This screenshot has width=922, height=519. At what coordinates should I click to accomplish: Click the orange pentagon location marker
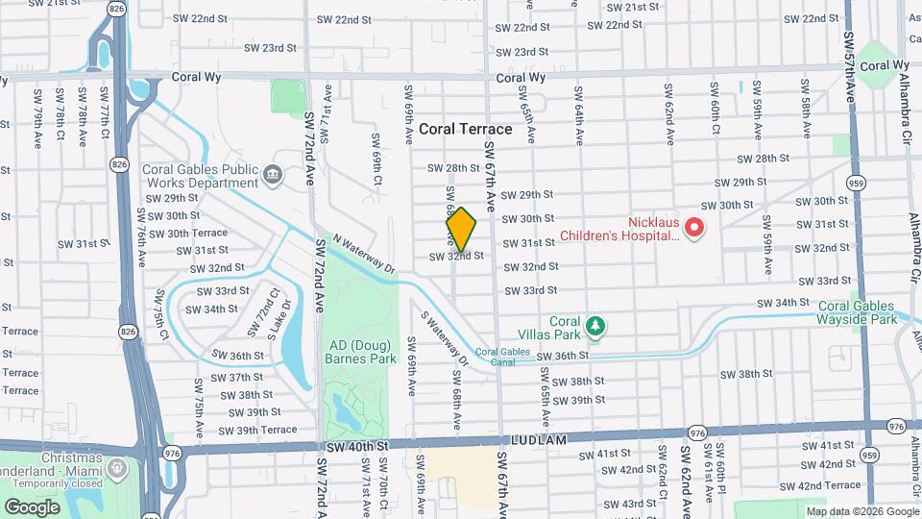coord(461,230)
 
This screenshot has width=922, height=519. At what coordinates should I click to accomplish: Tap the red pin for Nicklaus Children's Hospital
coord(693,228)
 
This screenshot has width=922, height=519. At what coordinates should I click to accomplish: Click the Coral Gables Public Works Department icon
coord(274,175)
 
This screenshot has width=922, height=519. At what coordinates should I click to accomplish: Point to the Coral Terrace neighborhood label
coord(465,129)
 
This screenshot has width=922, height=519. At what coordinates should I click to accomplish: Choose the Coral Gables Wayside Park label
coord(858,312)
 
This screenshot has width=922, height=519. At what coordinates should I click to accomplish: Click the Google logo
coord(32,507)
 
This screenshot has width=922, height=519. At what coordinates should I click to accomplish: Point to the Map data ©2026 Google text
coord(861,511)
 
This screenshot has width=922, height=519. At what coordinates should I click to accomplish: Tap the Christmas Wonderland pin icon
coord(116,470)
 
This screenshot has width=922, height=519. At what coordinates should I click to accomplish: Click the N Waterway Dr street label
coord(364,253)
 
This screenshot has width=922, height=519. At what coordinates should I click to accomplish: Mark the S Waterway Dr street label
coord(445,337)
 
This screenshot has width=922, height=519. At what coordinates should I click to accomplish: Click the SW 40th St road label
coord(355,446)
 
